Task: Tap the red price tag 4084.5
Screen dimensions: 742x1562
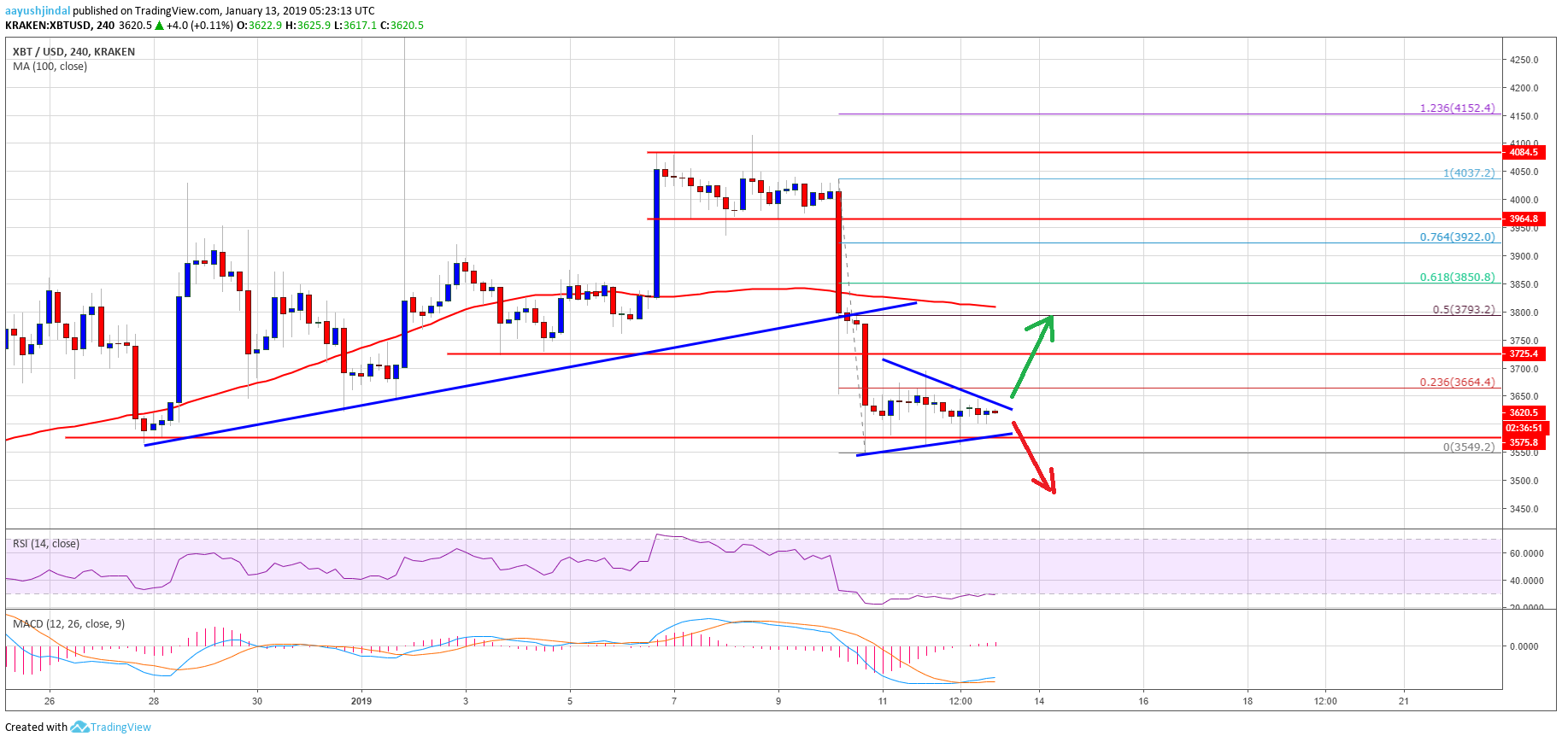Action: (x=1523, y=153)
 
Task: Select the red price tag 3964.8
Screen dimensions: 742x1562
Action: (x=1523, y=219)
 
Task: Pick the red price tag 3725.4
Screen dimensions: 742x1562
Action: (x=1523, y=353)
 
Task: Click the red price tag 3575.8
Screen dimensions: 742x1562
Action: (x=1523, y=442)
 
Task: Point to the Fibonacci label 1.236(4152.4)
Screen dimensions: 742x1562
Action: (x=1457, y=108)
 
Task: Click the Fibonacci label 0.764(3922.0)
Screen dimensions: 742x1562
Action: (x=1457, y=237)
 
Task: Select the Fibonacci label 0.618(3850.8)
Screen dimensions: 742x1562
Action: (x=1457, y=278)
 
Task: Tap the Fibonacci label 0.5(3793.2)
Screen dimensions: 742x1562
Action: (x=1463, y=310)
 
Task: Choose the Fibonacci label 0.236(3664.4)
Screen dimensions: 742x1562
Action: (x=1457, y=383)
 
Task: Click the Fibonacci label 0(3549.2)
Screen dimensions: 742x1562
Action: (x=1468, y=447)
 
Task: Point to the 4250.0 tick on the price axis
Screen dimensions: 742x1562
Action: (x=1524, y=60)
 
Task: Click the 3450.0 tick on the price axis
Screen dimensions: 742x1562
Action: (x=1524, y=509)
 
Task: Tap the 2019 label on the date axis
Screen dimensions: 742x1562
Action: (x=361, y=701)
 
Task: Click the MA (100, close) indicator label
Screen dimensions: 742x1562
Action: (x=50, y=67)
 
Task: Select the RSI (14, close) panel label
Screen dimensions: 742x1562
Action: (x=46, y=544)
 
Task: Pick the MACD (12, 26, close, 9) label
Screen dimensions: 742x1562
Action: (x=68, y=624)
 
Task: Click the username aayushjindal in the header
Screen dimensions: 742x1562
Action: (x=38, y=11)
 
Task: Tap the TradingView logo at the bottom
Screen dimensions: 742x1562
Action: (x=111, y=727)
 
